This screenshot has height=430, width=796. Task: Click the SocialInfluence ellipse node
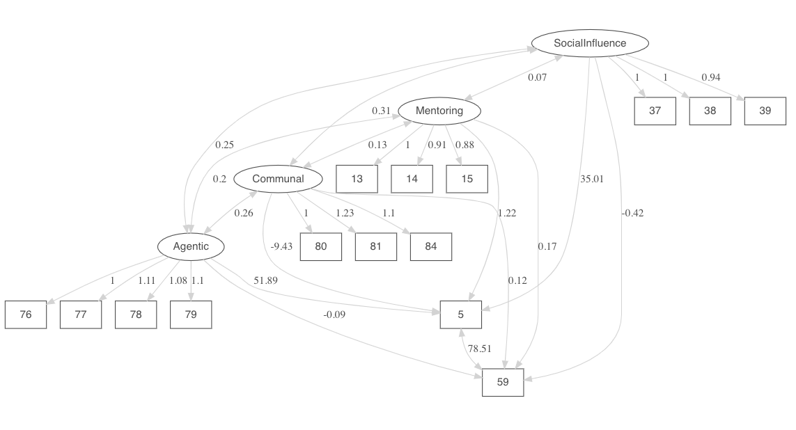click(590, 43)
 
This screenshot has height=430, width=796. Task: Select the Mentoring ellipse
click(439, 111)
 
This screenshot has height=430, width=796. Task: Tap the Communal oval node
click(278, 179)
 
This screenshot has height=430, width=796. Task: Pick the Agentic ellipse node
click(191, 246)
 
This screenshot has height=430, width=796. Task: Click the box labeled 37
click(655, 111)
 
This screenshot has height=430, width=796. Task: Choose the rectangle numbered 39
click(765, 111)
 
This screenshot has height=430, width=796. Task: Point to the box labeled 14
click(412, 179)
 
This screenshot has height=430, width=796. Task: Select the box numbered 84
click(431, 246)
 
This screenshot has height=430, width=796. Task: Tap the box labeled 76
click(26, 314)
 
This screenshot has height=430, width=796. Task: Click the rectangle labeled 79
click(191, 314)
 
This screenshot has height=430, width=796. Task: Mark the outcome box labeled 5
click(460, 314)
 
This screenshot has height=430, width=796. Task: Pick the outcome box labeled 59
click(503, 382)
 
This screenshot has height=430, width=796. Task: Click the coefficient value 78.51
click(481, 349)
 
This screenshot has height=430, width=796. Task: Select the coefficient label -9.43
click(281, 246)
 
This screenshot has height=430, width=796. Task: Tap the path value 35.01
click(591, 179)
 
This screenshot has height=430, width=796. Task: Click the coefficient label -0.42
click(632, 213)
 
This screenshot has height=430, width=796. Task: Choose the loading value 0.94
click(710, 77)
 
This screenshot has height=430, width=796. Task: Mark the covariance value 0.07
click(537, 77)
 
